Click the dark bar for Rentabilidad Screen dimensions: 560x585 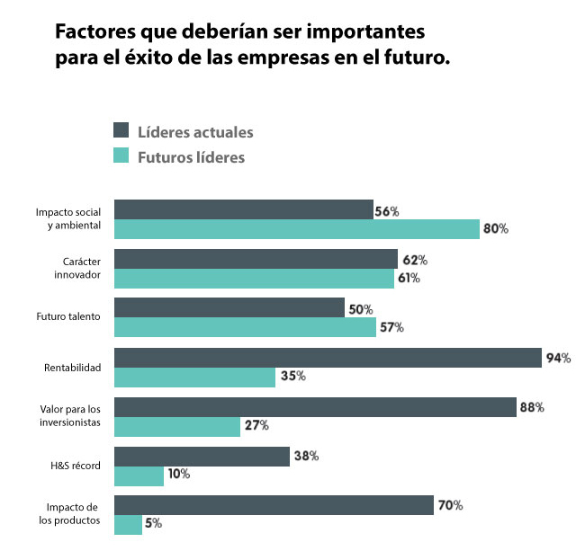(328, 358)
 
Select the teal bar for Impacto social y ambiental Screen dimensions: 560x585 (297, 229)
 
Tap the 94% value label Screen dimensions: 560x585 (558, 358)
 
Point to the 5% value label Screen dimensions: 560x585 (153, 523)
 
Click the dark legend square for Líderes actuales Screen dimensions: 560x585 (122, 131)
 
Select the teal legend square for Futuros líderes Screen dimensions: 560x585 (122, 156)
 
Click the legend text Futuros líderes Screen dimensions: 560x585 (191, 156)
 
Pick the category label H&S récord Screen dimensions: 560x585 (76, 466)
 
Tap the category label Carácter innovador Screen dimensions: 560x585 (76, 267)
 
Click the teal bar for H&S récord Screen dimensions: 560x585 (139, 475)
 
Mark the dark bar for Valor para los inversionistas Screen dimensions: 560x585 (315, 407)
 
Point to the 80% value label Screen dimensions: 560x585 (496, 229)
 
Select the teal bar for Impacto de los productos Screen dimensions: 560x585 (128, 523)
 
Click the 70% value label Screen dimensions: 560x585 (450, 505)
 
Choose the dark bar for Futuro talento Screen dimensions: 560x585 (229, 308)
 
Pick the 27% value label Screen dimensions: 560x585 (256, 425)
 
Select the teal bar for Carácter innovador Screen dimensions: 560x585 (254, 279)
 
